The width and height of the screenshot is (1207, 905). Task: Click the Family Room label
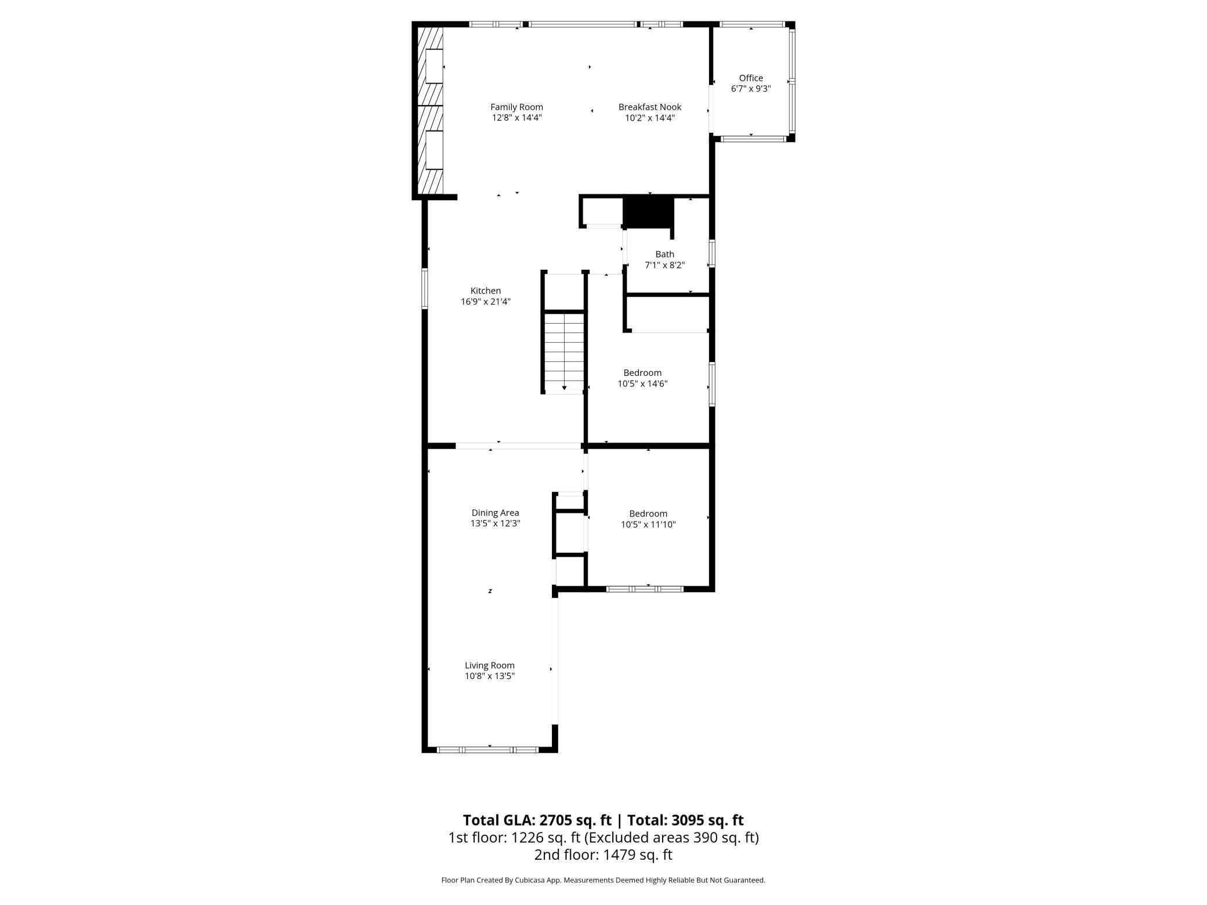click(516, 107)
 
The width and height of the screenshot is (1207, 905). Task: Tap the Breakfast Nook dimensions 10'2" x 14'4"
click(649, 118)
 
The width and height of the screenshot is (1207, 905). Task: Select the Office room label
click(750, 78)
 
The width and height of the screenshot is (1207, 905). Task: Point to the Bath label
click(664, 254)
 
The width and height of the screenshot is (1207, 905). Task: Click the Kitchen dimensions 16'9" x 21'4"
click(486, 302)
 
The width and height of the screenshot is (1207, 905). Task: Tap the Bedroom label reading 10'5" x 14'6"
click(642, 378)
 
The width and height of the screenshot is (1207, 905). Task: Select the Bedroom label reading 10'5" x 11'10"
click(648, 519)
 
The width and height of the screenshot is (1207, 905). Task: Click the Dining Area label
click(495, 513)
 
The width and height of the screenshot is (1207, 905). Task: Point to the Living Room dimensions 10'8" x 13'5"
click(490, 676)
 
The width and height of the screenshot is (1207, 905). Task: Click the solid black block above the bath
click(648, 212)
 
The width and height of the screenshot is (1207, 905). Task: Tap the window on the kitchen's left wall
click(425, 288)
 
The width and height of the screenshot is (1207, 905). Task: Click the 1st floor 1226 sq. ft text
click(514, 837)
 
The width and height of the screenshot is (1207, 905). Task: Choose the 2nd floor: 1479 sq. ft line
click(603, 854)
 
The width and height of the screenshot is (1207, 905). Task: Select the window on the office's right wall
click(792, 81)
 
